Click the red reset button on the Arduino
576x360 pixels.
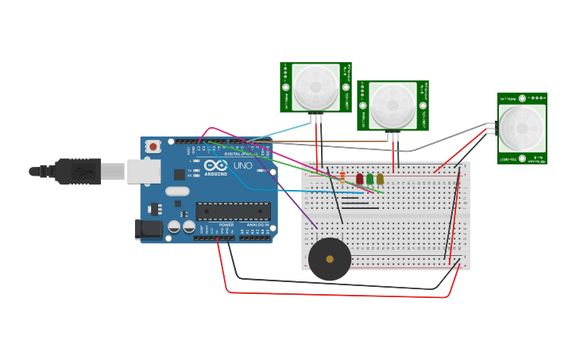(153, 146)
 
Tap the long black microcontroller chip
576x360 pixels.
(233, 211)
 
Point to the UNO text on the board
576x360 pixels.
(242, 166)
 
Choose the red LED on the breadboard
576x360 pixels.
(360, 180)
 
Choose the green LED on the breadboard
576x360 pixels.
(370, 180)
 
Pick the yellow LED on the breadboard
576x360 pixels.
(380, 180)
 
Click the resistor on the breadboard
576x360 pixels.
(342, 178)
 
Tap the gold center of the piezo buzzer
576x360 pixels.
(330, 259)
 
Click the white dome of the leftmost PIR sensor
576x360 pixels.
(315, 87)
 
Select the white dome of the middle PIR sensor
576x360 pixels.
(392, 105)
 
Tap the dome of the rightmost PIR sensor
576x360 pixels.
(522, 128)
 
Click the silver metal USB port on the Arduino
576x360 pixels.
(143, 171)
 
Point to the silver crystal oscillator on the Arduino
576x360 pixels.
(177, 191)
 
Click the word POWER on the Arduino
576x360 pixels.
(226, 225)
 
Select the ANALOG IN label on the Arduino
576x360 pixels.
(255, 225)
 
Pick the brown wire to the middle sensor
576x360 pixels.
(334, 142)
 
